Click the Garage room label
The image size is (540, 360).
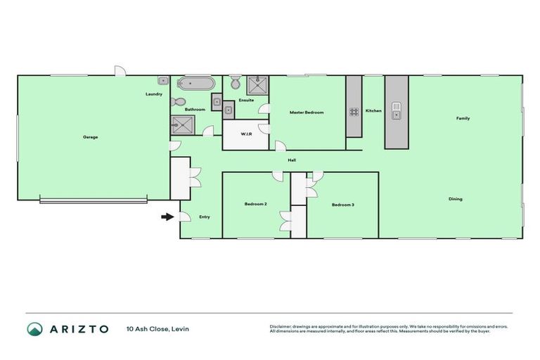coord(90,136)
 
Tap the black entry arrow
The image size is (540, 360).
coord(167,217)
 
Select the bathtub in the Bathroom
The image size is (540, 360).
coord(195,84)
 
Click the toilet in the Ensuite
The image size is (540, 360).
coord(235,84)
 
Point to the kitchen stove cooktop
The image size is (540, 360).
coord(354,111)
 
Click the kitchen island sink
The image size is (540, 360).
coord(396,109)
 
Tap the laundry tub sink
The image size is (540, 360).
coord(162,81)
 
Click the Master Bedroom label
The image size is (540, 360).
coord(307,112)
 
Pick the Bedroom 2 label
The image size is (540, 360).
coord(255,204)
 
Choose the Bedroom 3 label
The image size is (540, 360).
coord(342,205)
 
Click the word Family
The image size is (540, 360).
coord(463,118)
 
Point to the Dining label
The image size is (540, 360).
coord(456,199)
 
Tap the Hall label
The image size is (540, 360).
coord(291,160)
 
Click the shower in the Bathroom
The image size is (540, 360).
coord(182,125)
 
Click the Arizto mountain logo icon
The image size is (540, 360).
coord(34,328)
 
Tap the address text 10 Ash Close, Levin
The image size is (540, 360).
coord(157,328)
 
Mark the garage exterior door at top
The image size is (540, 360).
coord(120,72)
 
